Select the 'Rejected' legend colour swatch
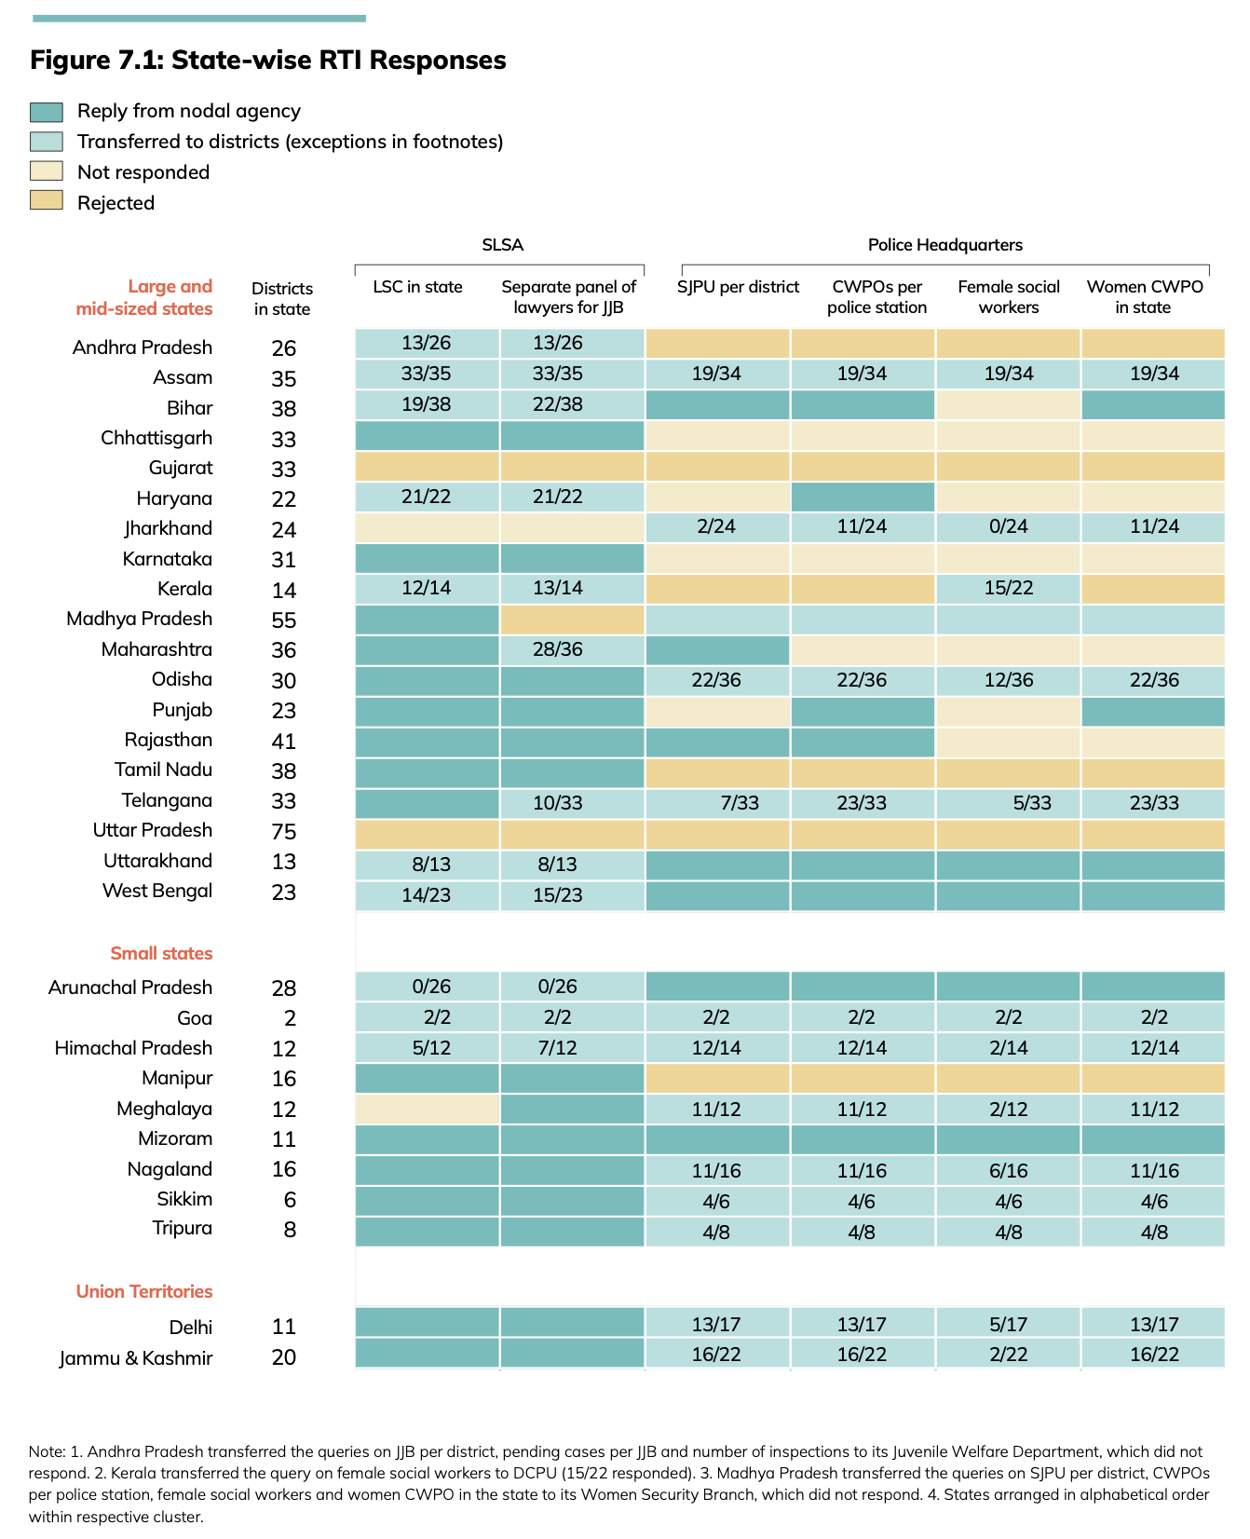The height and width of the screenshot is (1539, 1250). pos(47,201)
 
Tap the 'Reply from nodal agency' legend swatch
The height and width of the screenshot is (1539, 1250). pos(47,112)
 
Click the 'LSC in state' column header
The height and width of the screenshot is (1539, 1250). pos(417,287)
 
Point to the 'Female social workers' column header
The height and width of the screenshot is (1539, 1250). pos(1009,297)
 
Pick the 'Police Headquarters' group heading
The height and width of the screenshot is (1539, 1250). pos(944,245)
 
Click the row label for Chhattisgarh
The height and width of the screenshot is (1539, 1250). pos(156,438)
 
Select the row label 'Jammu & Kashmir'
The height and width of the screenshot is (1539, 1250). pos(136,1358)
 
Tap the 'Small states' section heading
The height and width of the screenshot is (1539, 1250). pos(161,953)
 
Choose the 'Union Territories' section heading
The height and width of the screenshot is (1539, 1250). pos(144,1291)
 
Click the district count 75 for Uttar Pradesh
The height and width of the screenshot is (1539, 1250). pos(283,832)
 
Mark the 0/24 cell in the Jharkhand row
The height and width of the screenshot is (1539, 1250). pos(1009,526)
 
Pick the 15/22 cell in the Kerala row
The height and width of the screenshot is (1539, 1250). pos(1009,589)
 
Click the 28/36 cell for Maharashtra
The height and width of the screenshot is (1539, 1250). pos(557,649)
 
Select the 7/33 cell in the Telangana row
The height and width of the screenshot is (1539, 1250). pos(740,803)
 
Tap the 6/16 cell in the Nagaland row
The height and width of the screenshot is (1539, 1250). pos(1009,1171)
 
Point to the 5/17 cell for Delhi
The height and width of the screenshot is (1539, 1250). pos(1009,1325)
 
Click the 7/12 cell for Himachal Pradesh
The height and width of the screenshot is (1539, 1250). pos(557,1048)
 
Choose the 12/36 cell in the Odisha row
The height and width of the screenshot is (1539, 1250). pos(1009,680)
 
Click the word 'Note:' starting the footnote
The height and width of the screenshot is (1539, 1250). pos(47,1451)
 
